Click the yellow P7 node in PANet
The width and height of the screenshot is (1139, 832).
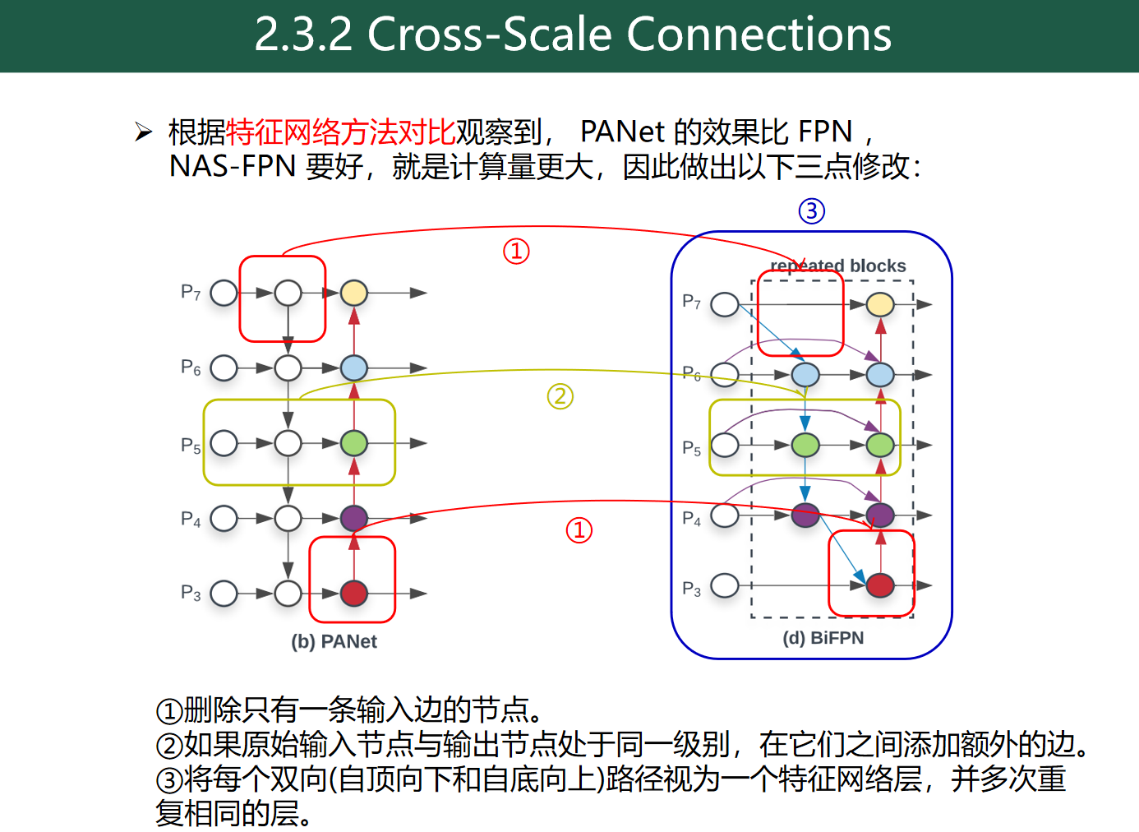click(x=353, y=293)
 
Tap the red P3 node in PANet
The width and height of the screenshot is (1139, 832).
click(x=353, y=593)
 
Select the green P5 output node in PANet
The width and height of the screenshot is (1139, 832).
click(x=353, y=443)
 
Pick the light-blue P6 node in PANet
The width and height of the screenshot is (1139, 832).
click(x=353, y=367)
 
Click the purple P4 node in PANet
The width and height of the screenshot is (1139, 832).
click(x=353, y=518)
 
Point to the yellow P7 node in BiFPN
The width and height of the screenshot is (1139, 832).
click(x=880, y=304)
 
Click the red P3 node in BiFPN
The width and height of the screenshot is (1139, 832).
click(x=880, y=585)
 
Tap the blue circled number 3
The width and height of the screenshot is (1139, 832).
click(x=811, y=211)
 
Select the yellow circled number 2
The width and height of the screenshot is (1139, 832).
click(x=560, y=396)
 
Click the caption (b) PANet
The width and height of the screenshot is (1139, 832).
click(x=334, y=641)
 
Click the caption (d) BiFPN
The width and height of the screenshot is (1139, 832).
click(x=823, y=638)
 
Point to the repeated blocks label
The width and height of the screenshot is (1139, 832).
click(x=838, y=266)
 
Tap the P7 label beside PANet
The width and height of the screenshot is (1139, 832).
click(x=191, y=292)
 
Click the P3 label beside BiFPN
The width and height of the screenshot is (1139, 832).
click(x=692, y=589)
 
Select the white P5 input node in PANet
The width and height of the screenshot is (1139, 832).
click(x=224, y=443)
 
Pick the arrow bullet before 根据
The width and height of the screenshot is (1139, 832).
click(x=144, y=132)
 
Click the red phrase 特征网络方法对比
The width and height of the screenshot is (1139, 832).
click(x=340, y=132)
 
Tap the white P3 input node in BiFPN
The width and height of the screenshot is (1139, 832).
click(x=725, y=585)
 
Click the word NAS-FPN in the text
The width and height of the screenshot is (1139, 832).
click(x=232, y=167)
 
